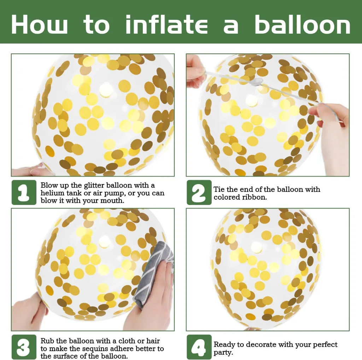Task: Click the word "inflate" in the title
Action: (x=166, y=24)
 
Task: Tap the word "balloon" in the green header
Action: (x=303, y=24)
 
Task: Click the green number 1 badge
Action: (x=24, y=192)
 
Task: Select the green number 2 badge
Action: (x=199, y=192)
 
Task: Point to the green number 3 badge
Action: (x=24, y=347)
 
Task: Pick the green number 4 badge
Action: (x=199, y=347)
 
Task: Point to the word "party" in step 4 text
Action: (x=223, y=353)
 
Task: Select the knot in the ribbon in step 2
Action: (x=257, y=81)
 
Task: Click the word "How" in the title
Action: (x=39, y=24)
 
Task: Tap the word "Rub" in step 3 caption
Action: (x=48, y=341)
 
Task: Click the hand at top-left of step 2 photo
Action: (x=196, y=72)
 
